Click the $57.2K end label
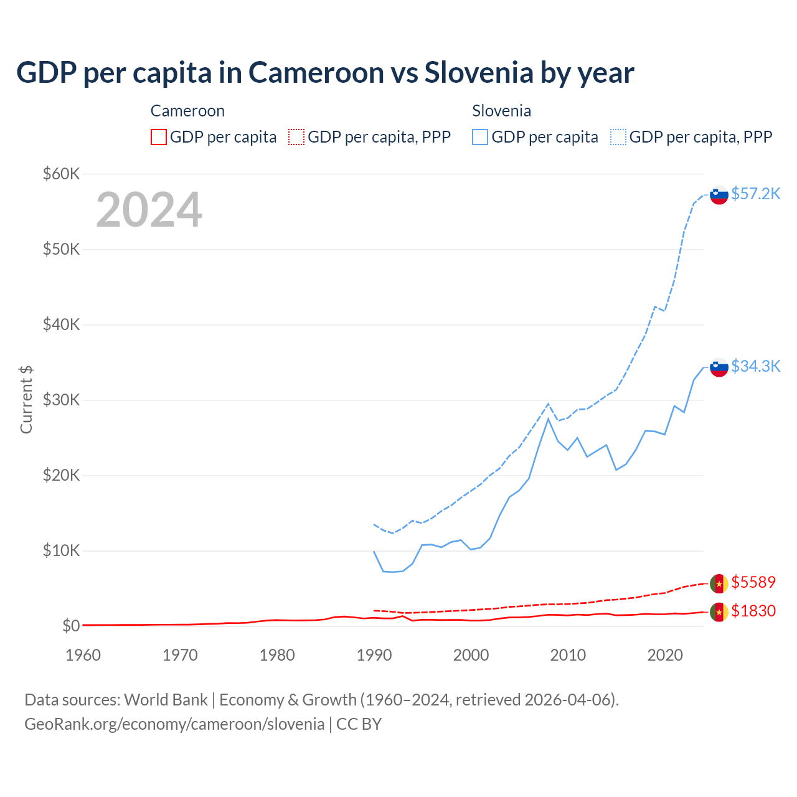point(755,194)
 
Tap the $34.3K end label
point(755,366)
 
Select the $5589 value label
point(753,582)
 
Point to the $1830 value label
point(753,611)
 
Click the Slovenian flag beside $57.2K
point(719,195)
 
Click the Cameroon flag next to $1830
point(719,612)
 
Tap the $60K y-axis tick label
point(61,174)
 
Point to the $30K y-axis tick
point(61,400)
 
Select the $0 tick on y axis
point(71,626)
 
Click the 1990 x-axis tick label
point(374,655)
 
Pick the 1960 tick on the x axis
point(83,655)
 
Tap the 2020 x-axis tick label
point(665,655)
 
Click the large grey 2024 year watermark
point(149,210)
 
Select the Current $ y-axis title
point(26,400)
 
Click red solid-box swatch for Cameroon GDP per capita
point(159,137)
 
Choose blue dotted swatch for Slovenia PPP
point(618,137)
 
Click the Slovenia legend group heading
point(501,111)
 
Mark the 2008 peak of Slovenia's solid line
point(548,418)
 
